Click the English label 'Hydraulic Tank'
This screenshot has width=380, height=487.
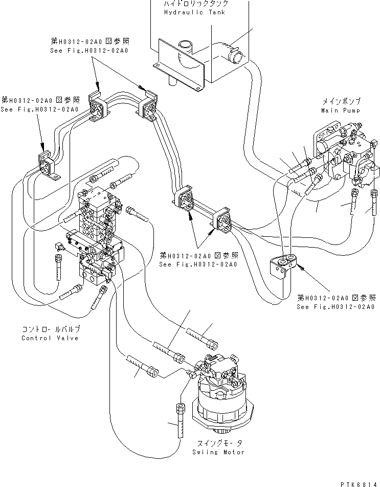[x=194, y=12]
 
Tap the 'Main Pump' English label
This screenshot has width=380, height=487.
[x=341, y=110]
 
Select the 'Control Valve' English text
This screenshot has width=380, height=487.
[x=50, y=338]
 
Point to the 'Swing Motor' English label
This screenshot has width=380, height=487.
[x=218, y=452]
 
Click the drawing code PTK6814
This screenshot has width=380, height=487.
[x=360, y=484]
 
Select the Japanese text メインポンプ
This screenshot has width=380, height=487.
[x=341, y=101]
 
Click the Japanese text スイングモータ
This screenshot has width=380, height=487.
[x=219, y=443]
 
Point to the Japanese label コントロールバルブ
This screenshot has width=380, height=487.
[x=51, y=329]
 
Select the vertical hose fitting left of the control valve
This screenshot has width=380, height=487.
[x=58, y=267]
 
